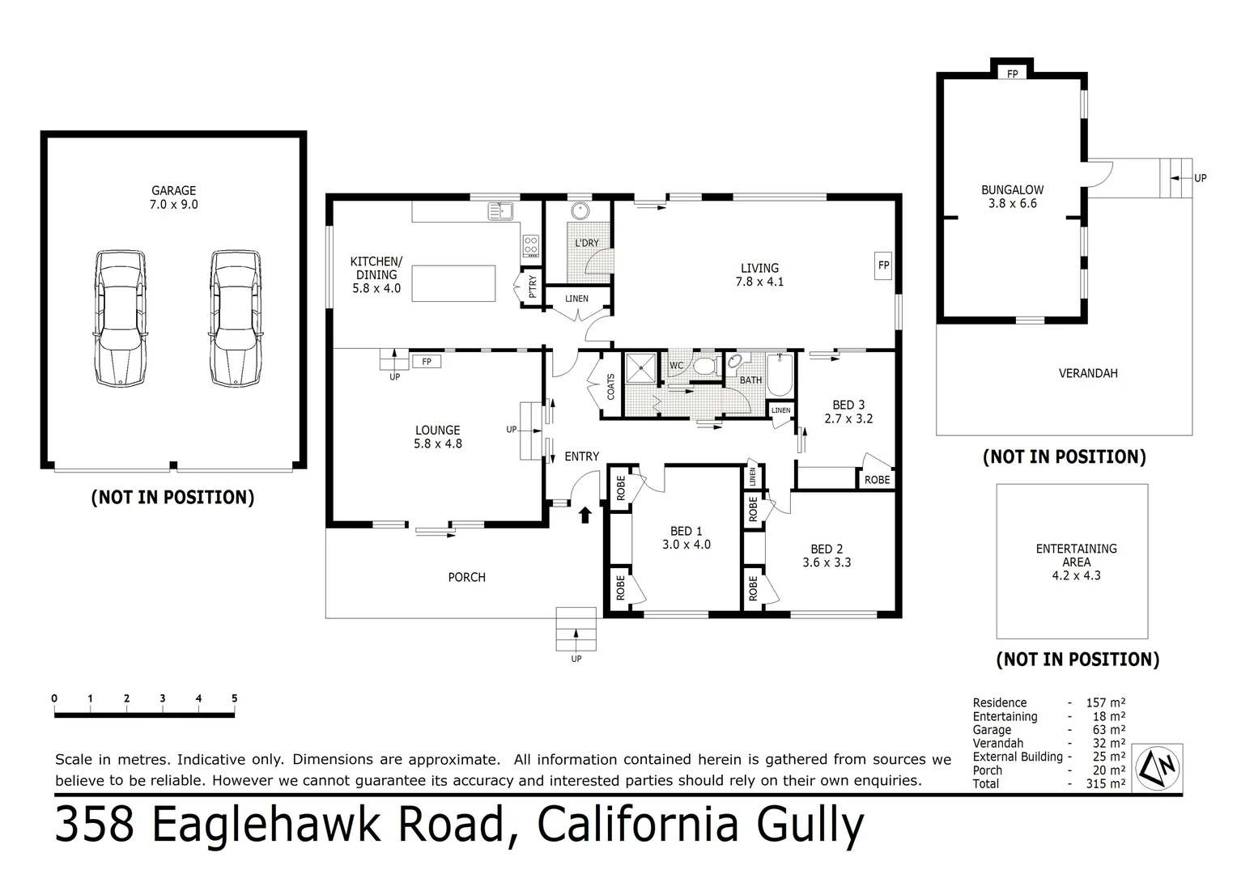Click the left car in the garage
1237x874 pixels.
pyautogui.click(x=121, y=317)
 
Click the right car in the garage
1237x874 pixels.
pyautogui.click(x=236, y=317)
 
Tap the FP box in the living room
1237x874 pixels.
pyautogui.click(x=883, y=265)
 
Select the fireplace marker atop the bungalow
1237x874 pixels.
pyautogui.click(x=1012, y=74)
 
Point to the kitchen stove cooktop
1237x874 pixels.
pyautogui.click(x=531, y=244)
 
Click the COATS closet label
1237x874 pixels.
pyautogui.click(x=611, y=386)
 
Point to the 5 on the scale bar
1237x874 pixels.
pyautogui.click(x=234, y=698)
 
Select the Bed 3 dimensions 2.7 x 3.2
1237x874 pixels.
pyautogui.click(x=848, y=419)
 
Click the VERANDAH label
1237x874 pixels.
pyautogui.click(x=1087, y=373)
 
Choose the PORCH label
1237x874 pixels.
pyautogui.click(x=467, y=577)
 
